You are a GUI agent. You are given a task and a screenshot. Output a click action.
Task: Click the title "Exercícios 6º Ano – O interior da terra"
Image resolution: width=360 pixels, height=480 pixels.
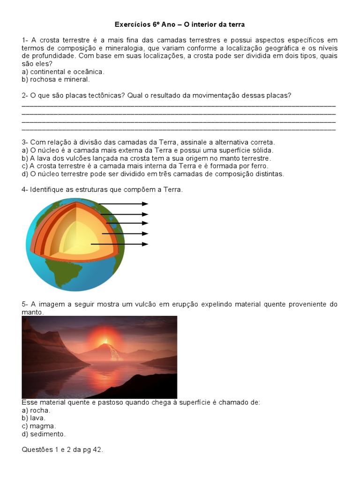(180, 24)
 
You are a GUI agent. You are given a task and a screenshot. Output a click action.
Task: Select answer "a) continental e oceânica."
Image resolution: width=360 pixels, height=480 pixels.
(63, 72)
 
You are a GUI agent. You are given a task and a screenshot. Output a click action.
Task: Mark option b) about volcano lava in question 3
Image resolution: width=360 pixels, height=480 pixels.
(146, 158)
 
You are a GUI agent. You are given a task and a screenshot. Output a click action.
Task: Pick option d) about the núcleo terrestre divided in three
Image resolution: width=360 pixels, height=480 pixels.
(153, 174)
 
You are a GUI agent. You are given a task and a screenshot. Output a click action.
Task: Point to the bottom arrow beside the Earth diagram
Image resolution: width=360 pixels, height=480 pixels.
(120, 244)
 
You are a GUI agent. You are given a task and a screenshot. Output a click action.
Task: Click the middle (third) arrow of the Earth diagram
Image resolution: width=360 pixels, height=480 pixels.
(125, 223)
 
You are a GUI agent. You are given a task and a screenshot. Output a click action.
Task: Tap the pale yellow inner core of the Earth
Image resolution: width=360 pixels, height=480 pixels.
(77, 239)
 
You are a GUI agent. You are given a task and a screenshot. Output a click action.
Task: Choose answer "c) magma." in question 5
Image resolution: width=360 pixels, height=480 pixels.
(39, 426)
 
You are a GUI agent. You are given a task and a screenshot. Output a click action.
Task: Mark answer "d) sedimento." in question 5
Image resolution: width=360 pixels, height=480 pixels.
(44, 434)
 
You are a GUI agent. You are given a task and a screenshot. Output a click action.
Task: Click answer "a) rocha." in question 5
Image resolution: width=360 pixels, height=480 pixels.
(36, 410)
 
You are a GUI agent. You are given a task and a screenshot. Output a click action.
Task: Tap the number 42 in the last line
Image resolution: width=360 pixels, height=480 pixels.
(96, 450)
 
